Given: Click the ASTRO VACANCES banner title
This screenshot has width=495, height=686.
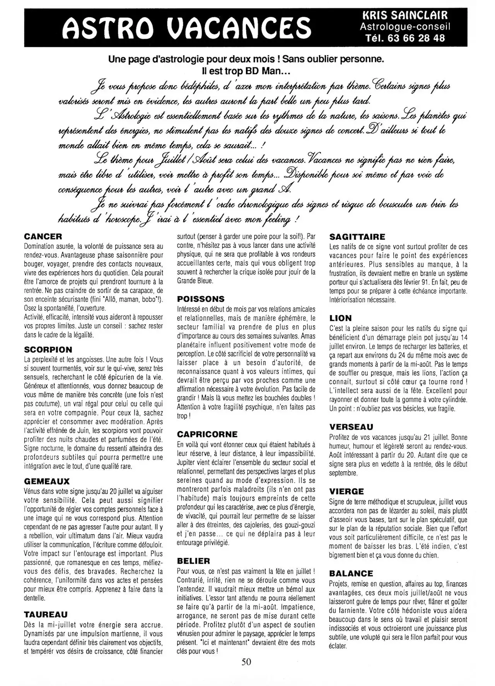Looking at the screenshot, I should pos(187,27).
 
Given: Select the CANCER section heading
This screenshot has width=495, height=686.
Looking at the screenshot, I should pos(43,237).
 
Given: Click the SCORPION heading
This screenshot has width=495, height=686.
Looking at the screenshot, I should pos(48,350).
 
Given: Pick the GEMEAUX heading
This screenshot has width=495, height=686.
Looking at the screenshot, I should pos(47,481).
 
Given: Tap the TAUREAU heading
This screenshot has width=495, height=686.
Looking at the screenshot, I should pos(46,614).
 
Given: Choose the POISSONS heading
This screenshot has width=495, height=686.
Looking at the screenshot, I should pos(201,299).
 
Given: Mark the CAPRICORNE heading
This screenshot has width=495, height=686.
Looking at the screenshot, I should pos(207,434).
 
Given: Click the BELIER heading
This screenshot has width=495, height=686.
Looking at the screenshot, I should pos(193,561).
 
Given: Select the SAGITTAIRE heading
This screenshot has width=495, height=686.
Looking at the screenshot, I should pos(357,237).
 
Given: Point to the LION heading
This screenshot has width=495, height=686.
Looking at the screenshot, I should pos(340,318).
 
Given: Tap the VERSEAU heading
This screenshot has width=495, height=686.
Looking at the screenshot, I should pos(351,427).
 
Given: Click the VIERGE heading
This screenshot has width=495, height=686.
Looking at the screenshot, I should pos(346,492).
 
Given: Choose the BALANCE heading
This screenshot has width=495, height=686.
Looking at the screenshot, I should pos(351,573).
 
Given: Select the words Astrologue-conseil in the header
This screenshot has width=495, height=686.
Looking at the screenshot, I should pos(405,27).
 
